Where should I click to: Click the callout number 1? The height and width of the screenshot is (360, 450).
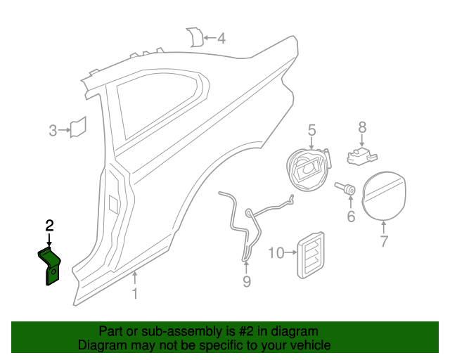pos(135,293)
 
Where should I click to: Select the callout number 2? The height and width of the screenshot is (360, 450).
pos(49,226)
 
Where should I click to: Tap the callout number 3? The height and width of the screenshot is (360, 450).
pos(53,130)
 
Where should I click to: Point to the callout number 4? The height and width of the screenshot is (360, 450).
pos(221,38)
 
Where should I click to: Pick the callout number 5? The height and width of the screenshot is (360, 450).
pos(311,129)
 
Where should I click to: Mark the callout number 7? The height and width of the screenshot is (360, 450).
pos(384,243)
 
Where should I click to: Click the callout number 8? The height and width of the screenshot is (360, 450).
pos(362,127)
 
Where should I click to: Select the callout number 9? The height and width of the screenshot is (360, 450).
pos(246,282)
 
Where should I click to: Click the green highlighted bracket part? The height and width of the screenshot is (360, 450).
pos(50,264)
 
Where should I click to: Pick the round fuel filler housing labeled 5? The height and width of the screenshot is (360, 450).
pos(307,169)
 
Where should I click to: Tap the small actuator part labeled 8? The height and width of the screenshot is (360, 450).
pos(363,153)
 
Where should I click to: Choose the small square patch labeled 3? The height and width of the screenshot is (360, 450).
pos(77,127)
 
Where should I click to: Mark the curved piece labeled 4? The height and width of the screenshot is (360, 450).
pos(193,37)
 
